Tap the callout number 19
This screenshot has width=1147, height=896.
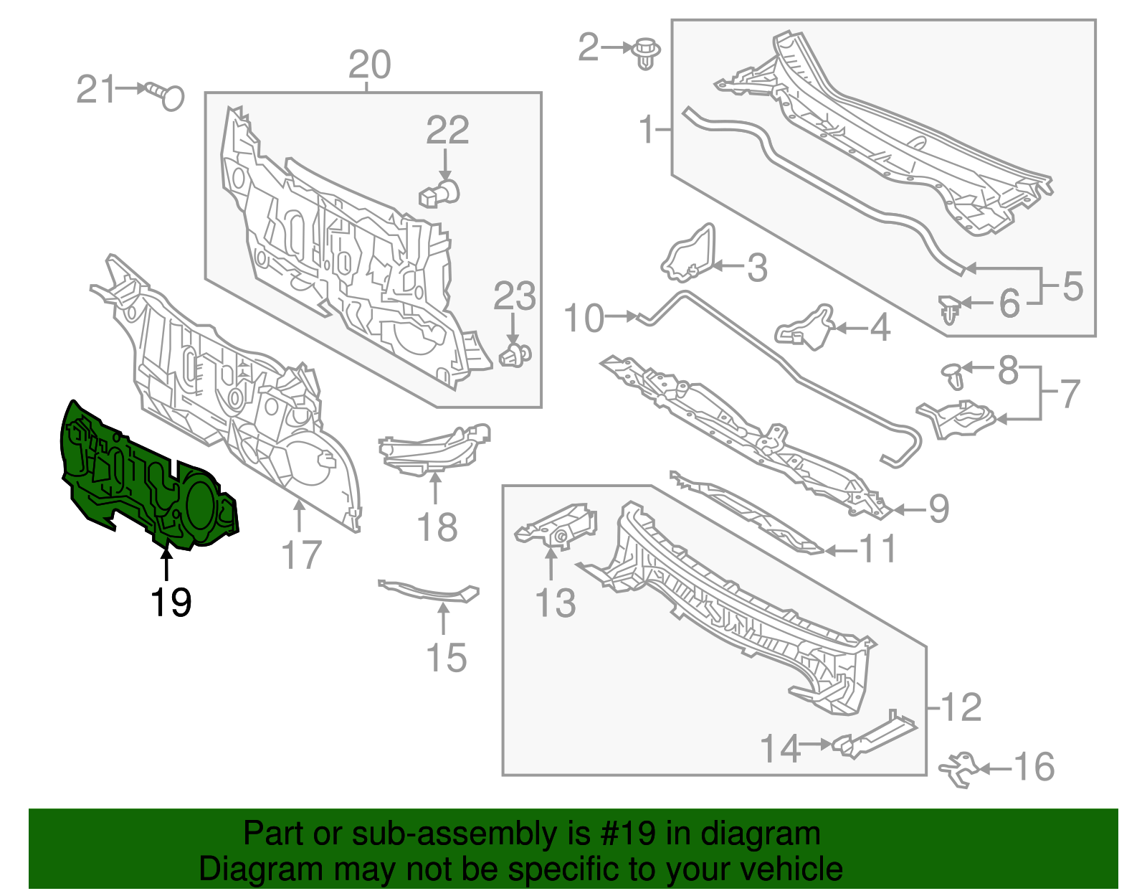pyautogui.click(x=171, y=603)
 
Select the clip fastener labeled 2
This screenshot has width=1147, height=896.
pyautogui.click(x=647, y=52)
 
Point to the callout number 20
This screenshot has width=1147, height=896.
pyautogui.click(x=369, y=65)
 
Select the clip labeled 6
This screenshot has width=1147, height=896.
pyautogui.click(x=951, y=309)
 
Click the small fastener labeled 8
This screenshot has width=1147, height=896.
pyautogui.click(x=953, y=373)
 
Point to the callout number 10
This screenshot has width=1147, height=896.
pyautogui.click(x=584, y=318)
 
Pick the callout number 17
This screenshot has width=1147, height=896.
pyautogui.click(x=302, y=556)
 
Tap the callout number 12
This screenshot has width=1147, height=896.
pyautogui.click(x=961, y=708)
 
